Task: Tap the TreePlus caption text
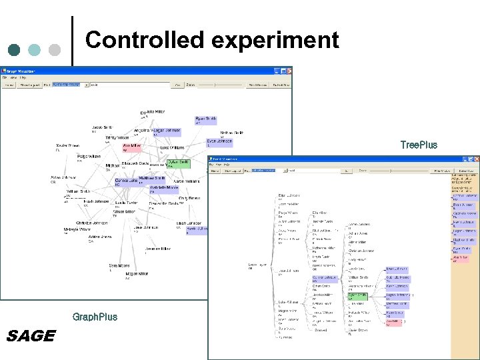tap(419, 145)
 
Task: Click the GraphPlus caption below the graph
tap(95, 317)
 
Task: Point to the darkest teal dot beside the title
tap(15, 49)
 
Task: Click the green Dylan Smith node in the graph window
tap(179, 163)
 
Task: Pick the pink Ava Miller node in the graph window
tap(132, 146)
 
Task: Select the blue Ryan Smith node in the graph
tap(205, 119)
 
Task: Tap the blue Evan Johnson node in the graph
tap(219, 142)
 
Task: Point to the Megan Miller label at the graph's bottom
tap(137, 275)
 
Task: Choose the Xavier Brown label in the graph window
tap(67, 146)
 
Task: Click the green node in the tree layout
tap(358, 296)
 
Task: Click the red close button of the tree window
tap(475, 160)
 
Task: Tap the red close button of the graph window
tap(288, 70)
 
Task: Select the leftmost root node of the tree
tap(257, 265)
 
